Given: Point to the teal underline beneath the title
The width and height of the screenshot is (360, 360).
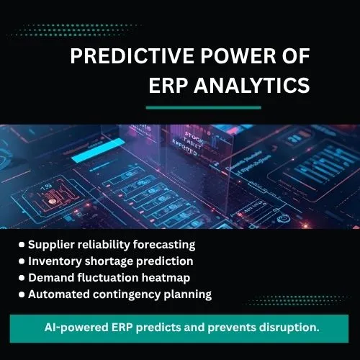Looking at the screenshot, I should (x=203, y=107).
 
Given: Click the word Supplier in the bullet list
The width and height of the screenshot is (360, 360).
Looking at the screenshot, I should (x=53, y=245).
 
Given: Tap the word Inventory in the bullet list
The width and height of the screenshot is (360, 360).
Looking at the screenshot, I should (x=55, y=261).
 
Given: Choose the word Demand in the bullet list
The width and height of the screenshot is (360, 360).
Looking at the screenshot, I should (x=50, y=277).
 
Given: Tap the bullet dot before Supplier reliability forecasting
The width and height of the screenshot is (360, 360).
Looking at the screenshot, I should (x=22, y=245).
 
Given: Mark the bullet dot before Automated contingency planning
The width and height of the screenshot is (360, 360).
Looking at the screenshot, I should (x=22, y=294).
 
